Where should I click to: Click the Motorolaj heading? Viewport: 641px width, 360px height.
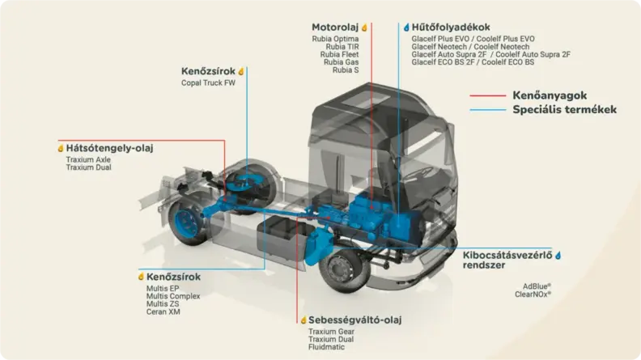point(335,28)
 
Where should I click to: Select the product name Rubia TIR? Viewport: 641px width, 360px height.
point(342,47)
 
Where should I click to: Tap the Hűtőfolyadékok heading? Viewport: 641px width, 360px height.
point(451,28)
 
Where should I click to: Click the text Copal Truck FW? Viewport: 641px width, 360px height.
point(208,83)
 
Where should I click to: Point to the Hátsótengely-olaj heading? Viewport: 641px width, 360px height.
point(109,148)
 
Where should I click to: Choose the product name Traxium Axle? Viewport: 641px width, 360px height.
point(88,159)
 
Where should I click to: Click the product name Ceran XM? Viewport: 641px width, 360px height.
point(163,311)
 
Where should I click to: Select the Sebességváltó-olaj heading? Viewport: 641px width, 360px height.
point(354,320)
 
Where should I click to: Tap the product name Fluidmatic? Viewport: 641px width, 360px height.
point(326,347)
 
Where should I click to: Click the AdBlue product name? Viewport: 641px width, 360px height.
point(537,286)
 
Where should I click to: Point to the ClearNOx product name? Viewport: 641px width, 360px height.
point(533,294)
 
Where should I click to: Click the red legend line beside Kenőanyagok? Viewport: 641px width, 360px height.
point(488,95)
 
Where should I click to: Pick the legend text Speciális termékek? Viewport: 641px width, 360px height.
point(565,109)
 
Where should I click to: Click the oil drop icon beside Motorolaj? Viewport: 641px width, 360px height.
point(364,28)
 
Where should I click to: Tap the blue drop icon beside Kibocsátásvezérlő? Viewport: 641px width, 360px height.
point(558,256)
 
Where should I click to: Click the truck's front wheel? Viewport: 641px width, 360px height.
point(342,269)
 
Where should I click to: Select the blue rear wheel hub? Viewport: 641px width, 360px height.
point(186,222)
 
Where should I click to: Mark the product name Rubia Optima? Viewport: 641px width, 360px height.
point(335,39)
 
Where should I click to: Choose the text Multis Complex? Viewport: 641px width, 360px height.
point(173,296)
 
